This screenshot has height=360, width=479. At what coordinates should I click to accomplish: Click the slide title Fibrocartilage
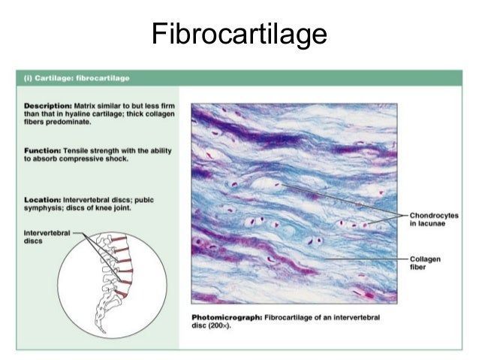tap(239, 34)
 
